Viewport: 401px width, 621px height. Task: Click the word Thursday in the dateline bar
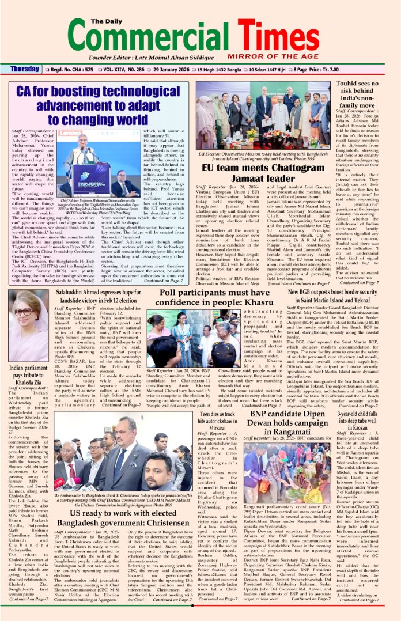click(25, 70)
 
